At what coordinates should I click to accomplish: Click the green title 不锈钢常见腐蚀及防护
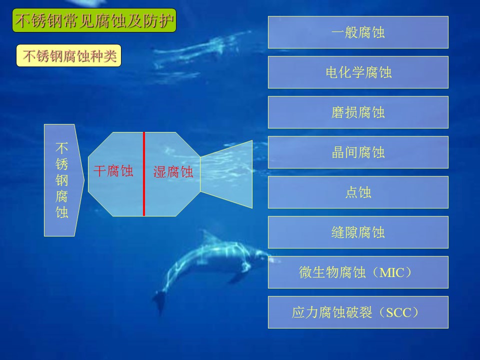tap(94, 20)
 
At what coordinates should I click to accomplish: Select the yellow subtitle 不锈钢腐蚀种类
tap(69, 55)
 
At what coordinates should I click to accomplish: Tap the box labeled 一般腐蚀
tap(358, 32)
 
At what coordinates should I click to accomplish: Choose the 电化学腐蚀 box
tap(358, 72)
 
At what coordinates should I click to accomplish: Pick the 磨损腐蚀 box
tap(358, 112)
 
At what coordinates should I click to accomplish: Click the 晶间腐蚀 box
tap(358, 152)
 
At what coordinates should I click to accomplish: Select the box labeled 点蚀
tap(358, 192)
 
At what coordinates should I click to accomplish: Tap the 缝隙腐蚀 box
tap(358, 232)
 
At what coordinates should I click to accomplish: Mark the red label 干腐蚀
tap(113, 171)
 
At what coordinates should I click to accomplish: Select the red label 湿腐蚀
tap(173, 172)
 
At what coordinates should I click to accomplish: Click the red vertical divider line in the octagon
tap(144, 174)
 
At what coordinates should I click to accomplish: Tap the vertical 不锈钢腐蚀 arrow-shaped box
tap(63, 180)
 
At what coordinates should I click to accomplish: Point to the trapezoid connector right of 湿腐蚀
tap(226, 174)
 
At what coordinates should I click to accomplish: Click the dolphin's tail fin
tap(159, 301)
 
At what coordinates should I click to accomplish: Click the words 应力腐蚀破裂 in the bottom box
tap(332, 312)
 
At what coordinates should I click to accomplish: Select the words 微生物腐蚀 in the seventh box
tap(332, 272)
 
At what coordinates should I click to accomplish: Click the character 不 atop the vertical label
tap(61, 148)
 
